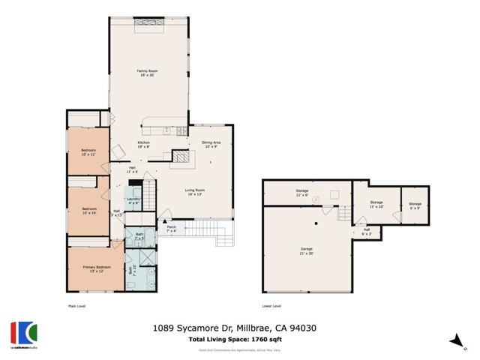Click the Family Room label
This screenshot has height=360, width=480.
pos(147,73)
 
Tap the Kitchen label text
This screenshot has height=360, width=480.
pos(143,145)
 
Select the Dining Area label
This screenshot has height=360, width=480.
pos(211,144)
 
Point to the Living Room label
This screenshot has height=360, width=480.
pos(195,192)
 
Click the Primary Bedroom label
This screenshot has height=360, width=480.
pos(96,269)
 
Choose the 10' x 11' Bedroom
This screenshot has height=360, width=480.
pos(88,153)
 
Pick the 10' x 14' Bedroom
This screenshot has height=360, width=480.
pos(89,211)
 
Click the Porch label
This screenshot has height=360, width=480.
pos(171,229)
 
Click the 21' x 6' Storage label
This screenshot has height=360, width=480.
pos(302,193)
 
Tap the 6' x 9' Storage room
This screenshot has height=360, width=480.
pos(415,205)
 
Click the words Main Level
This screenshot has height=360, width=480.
pos(78,306)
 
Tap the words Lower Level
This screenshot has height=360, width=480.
pos(271,306)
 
